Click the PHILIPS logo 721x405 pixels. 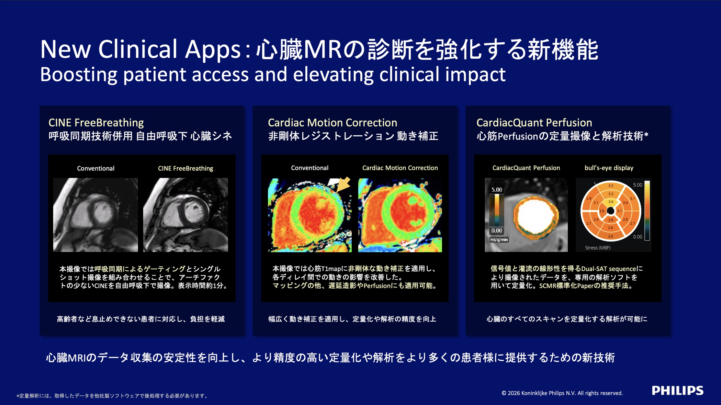click(x=677, y=391)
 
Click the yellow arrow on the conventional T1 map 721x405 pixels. click(x=343, y=184)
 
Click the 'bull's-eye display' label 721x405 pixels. click(x=609, y=168)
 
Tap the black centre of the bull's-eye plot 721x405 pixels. click(x=610, y=211)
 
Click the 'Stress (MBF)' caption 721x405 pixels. click(x=598, y=248)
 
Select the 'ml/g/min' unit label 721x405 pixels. click(x=499, y=240)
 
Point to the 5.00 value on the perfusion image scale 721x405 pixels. click(x=496, y=190)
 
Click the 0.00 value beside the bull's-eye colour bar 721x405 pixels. click(x=638, y=237)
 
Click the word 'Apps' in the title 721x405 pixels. click(x=213, y=49)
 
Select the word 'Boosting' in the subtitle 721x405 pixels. click(x=79, y=75)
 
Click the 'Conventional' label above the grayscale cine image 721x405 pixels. click(x=95, y=168)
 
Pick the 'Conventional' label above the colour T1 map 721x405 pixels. click(x=309, y=168)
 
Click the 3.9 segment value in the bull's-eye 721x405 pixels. click(x=611, y=202)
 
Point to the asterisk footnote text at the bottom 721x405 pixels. click(x=112, y=396)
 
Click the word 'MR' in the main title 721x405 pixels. click(x=323, y=49)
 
